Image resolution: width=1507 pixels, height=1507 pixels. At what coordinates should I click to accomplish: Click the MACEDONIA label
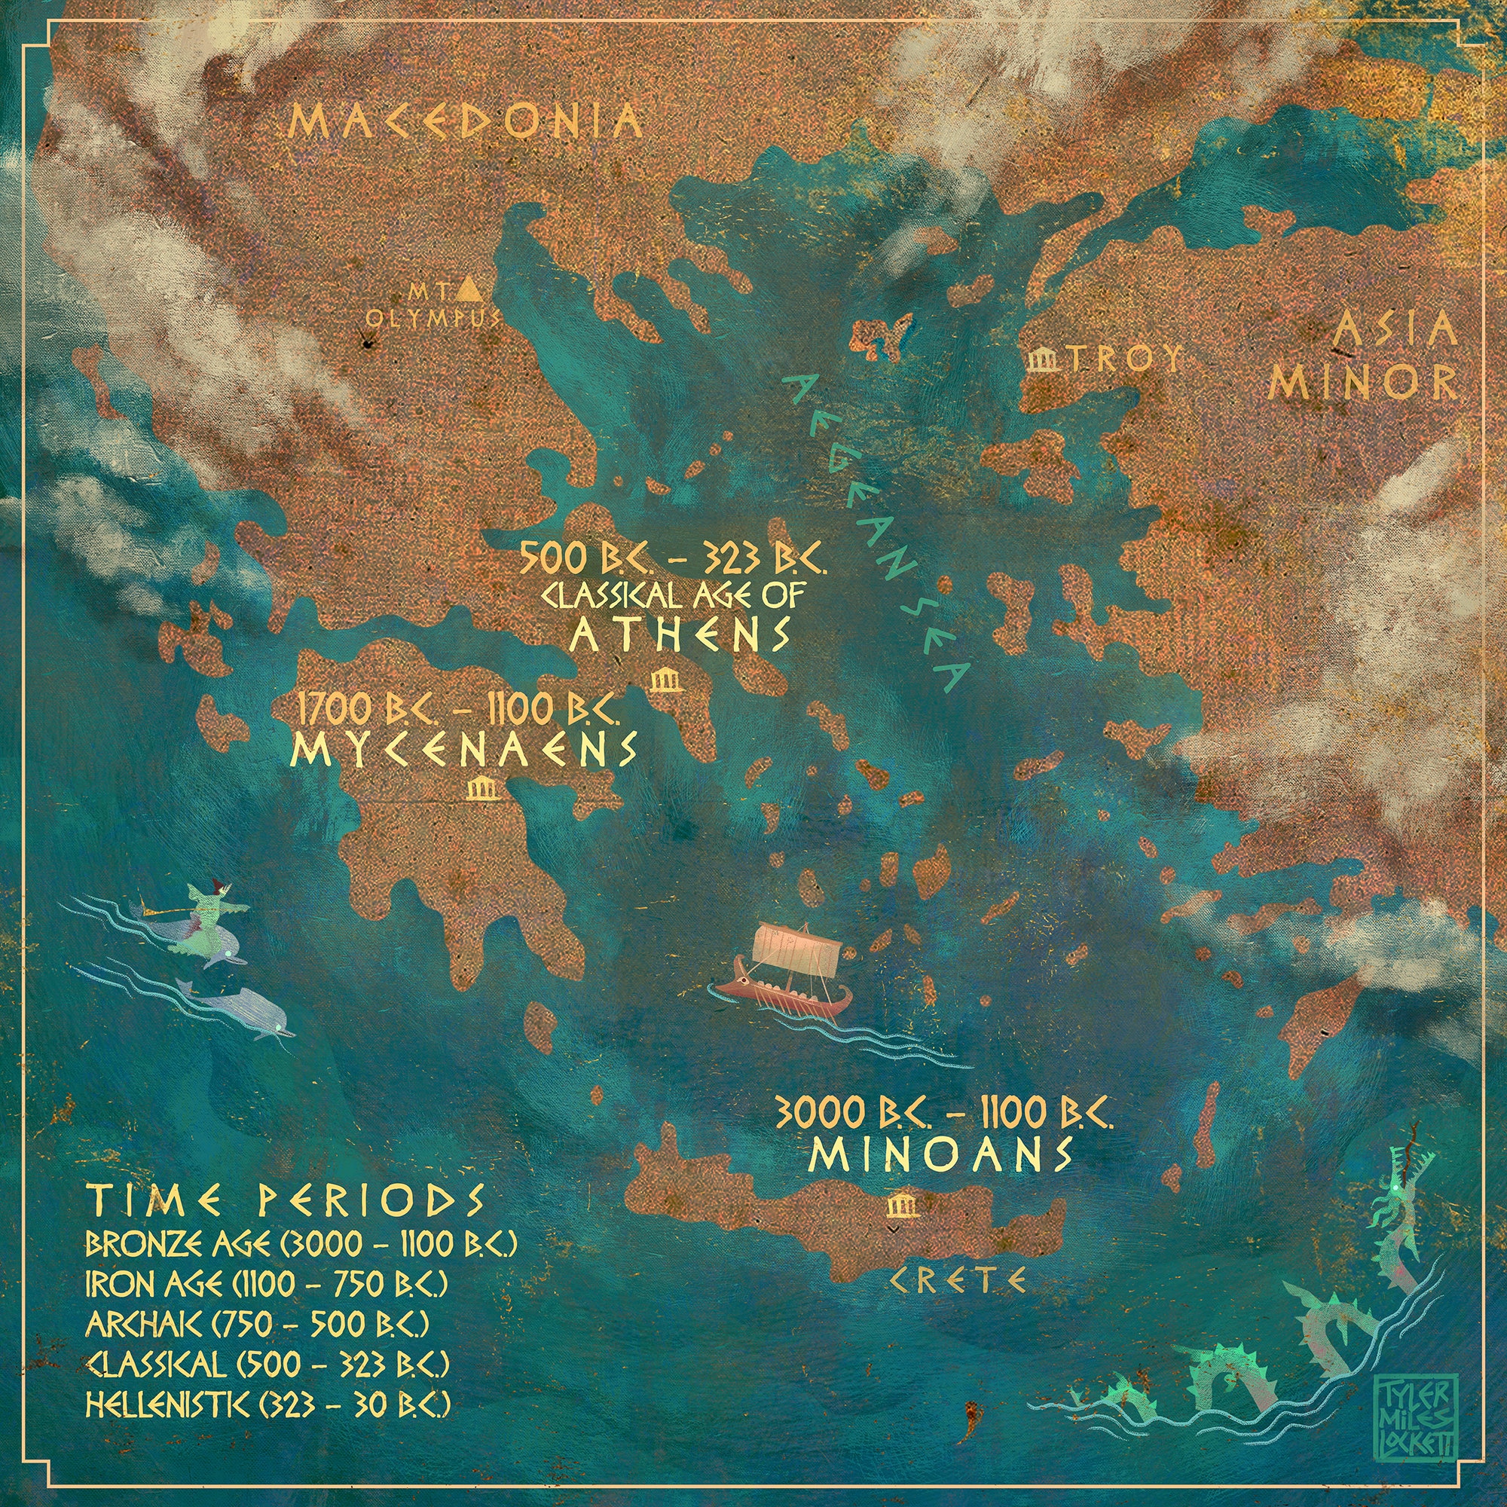pos(466,124)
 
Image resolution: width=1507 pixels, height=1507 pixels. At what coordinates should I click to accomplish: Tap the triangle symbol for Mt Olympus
pos(469,289)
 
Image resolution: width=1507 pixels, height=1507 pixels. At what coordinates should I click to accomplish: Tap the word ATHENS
pos(680,636)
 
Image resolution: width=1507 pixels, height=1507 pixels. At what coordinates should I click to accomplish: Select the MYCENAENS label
pos(463,751)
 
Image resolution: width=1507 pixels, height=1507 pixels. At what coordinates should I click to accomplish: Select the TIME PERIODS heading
pos(286,1201)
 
